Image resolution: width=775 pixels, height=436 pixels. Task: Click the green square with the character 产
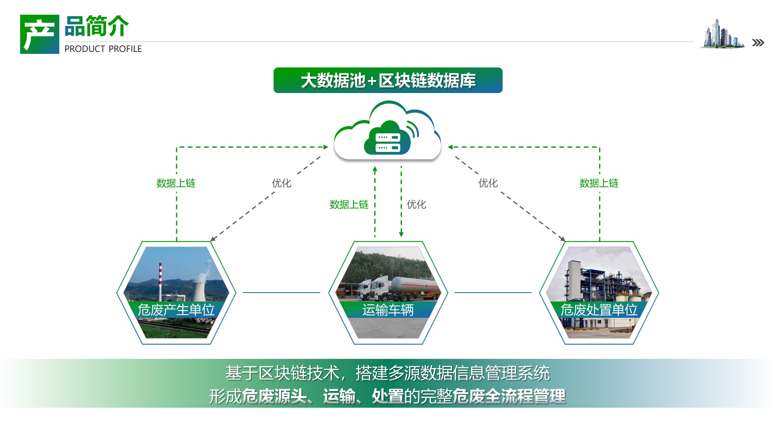[x=40, y=34]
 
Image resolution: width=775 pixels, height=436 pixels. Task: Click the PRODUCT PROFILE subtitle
[x=103, y=49]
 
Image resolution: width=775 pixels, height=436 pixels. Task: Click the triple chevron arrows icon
[x=758, y=43]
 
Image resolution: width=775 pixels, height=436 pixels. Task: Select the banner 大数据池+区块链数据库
[x=388, y=80]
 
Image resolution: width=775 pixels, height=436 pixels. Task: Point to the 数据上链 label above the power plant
[x=176, y=183]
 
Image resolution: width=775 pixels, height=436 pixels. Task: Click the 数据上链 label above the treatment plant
[x=599, y=183]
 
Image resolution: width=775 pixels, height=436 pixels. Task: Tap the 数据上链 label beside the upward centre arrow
[x=349, y=204]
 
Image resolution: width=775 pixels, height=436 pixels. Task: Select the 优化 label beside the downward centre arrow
[x=417, y=204]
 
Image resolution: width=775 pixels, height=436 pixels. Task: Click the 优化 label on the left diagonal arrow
[x=282, y=183]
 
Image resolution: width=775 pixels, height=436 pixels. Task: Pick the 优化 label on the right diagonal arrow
[x=488, y=183]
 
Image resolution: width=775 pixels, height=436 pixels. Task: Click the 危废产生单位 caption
[x=176, y=310]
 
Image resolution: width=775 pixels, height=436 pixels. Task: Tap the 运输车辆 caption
[x=388, y=310]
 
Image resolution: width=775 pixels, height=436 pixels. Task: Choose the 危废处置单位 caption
[x=599, y=310]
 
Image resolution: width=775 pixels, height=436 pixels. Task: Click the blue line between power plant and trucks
[x=282, y=293]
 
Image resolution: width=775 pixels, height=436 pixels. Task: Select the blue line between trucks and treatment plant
[x=493, y=293]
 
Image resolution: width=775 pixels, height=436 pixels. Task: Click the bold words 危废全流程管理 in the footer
[x=509, y=396]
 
